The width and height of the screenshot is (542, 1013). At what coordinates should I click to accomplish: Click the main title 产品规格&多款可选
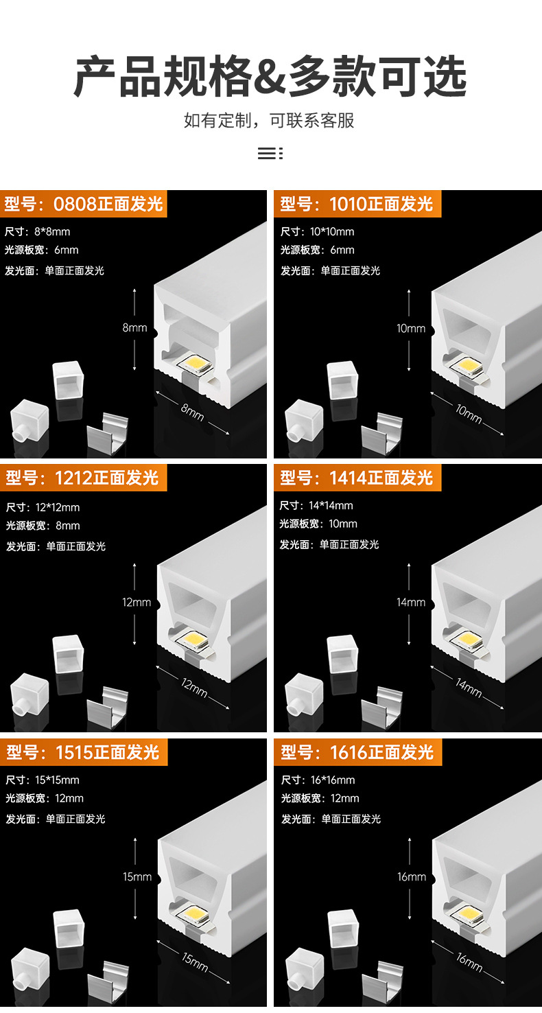pyautogui.click(x=270, y=76)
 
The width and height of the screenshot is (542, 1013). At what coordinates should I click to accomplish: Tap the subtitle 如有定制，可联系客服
pyautogui.click(x=269, y=121)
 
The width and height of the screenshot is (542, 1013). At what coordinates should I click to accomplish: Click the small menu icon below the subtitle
pyautogui.click(x=270, y=153)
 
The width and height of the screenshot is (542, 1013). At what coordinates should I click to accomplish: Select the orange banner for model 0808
pyautogui.click(x=84, y=204)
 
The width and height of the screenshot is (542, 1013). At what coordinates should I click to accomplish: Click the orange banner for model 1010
pyautogui.click(x=357, y=204)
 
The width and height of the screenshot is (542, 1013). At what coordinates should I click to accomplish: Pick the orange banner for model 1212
pyautogui.click(x=83, y=478)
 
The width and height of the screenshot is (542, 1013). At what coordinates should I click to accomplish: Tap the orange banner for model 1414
pyautogui.click(x=357, y=478)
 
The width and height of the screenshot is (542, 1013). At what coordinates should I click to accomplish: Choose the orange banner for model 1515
pyautogui.click(x=84, y=752)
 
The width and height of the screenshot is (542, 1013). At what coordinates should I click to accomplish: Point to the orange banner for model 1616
pyautogui.click(x=357, y=752)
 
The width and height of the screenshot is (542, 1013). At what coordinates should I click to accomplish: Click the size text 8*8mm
pyautogui.click(x=52, y=231)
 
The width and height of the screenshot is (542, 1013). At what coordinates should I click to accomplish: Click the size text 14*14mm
pyautogui.click(x=331, y=506)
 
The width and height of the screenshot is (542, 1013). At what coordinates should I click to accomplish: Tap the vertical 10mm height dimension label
pyautogui.click(x=411, y=329)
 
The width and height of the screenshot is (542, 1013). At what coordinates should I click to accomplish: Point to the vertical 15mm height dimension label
pyautogui.click(x=137, y=876)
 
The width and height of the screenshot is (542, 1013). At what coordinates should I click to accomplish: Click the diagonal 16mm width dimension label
pyautogui.click(x=469, y=961)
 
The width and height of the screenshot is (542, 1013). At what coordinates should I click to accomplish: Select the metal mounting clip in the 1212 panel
pyautogui.click(x=108, y=706)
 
